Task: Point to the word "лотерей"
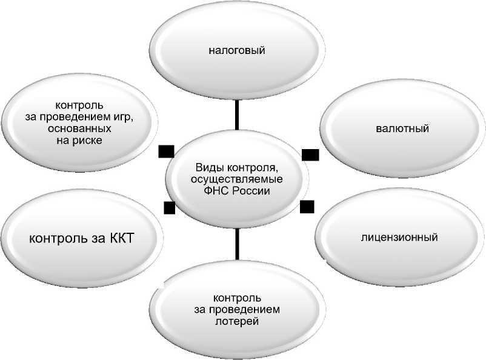click(x=237, y=321)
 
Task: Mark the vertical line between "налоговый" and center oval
click(x=237, y=115)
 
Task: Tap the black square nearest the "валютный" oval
click(x=310, y=155)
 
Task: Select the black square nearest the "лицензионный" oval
click(x=307, y=207)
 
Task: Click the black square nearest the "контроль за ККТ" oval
click(x=170, y=208)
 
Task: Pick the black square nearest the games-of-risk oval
click(x=164, y=151)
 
